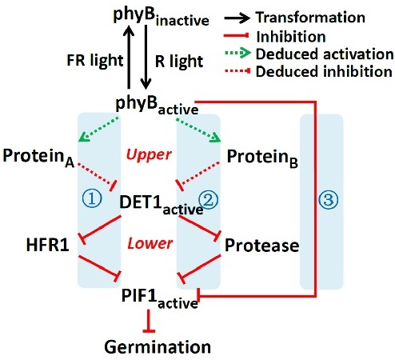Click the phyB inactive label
[x=161, y=17]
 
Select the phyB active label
[x=157, y=106]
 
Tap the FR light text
[x=95, y=61]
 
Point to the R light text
[x=179, y=62]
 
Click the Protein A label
[x=38, y=158]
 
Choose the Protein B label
[x=262, y=158]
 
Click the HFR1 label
[x=48, y=245]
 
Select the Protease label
[x=261, y=246]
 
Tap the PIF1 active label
[x=160, y=298]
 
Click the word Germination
[x=158, y=347]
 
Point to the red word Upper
[x=149, y=155]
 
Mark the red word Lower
[x=150, y=243]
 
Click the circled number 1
[x=92, y=199]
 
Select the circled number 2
[x=209, y=200]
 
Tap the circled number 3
[x=329, y=200]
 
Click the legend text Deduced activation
[x=325, y=54]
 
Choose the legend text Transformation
[x=310, y=18]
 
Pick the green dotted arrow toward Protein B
[x=198, y=130]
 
